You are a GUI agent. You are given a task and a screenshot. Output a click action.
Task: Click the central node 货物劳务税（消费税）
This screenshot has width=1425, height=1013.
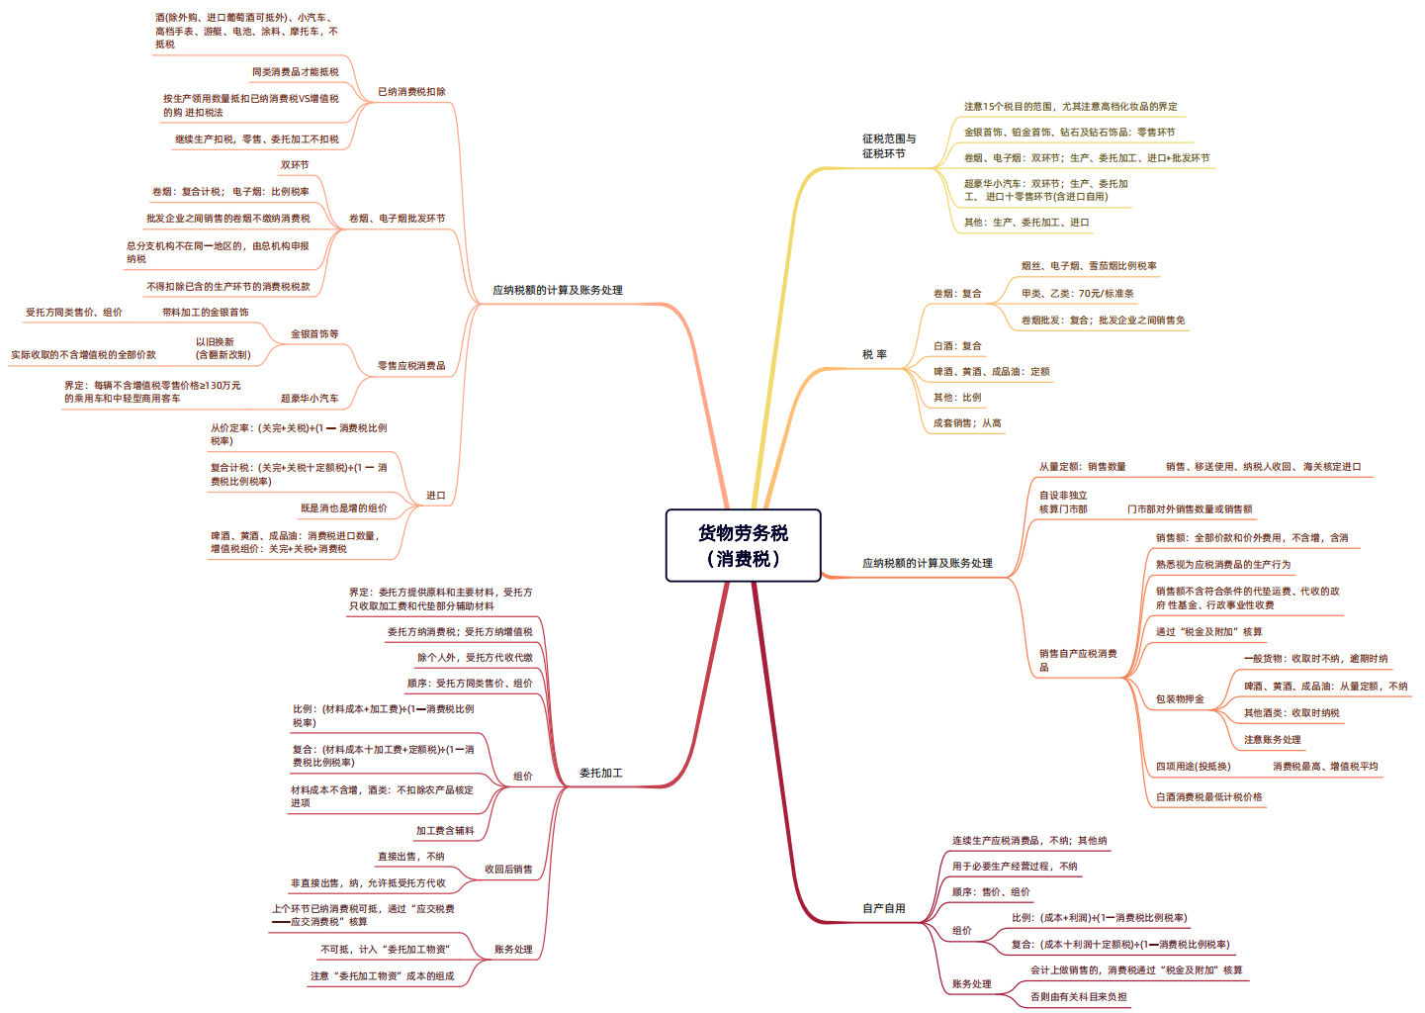(x=743, y=545)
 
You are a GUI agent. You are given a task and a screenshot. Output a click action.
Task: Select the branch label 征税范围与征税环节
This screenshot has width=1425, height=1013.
(x=889, y=145)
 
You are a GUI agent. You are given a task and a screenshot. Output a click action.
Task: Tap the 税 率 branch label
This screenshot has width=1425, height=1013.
(x=874, y=354)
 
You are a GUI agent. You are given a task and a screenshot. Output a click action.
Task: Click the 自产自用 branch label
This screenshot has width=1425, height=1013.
(x=884, y=908)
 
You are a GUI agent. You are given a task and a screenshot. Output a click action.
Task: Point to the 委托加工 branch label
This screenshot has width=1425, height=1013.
(x=600, y=773)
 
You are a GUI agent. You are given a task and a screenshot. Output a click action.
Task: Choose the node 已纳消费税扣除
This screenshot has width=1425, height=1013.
(x=411, y=92)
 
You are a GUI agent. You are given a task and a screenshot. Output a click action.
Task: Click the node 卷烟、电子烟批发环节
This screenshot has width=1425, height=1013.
(x=397, y=219)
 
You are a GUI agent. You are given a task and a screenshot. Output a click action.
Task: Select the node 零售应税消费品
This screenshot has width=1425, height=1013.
(x=411, y=365)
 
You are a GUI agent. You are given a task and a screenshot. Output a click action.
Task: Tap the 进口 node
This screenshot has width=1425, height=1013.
(x=436, y=495)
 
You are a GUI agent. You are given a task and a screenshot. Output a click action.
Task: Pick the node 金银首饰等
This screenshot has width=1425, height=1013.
(x=314, y=333)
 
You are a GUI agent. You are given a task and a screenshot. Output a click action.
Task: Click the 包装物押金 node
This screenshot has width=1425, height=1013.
(x=1180, y=698)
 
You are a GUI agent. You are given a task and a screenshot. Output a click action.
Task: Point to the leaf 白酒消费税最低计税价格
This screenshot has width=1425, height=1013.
(x=1208, y=796)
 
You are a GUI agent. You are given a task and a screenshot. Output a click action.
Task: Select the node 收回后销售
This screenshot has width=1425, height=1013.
(x=508, y=869)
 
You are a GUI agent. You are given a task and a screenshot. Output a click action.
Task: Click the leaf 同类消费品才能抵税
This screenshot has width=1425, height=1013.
(x=295, y=72)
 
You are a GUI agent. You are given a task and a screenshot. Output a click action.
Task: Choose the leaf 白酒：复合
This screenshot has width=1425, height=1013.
(x=957, y=345)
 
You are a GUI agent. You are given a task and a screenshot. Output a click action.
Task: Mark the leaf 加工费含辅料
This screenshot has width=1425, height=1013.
(x=445, y=830)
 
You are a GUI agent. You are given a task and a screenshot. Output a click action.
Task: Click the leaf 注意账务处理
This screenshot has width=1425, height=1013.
(x=1273, y=739)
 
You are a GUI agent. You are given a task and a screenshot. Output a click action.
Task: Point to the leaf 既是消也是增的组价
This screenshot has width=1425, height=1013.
(x=343, y=507)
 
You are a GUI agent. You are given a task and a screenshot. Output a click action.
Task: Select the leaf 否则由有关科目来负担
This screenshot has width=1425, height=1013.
(x=1078, y=996)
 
